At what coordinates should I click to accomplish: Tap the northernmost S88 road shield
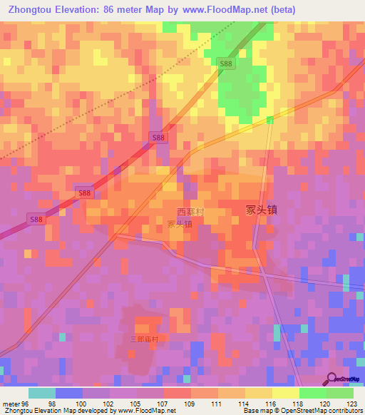coord(226,64)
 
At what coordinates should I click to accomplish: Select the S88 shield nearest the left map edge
coord(36,220)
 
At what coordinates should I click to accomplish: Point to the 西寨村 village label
coord(190,212)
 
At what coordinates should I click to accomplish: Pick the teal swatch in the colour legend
coord(41,393)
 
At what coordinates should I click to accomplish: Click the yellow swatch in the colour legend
coord(286,393)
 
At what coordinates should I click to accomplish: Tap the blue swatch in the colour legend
coord(68,393)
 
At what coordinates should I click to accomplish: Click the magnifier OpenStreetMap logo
coord(331,379)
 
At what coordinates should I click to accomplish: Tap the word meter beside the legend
coord(11,404)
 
